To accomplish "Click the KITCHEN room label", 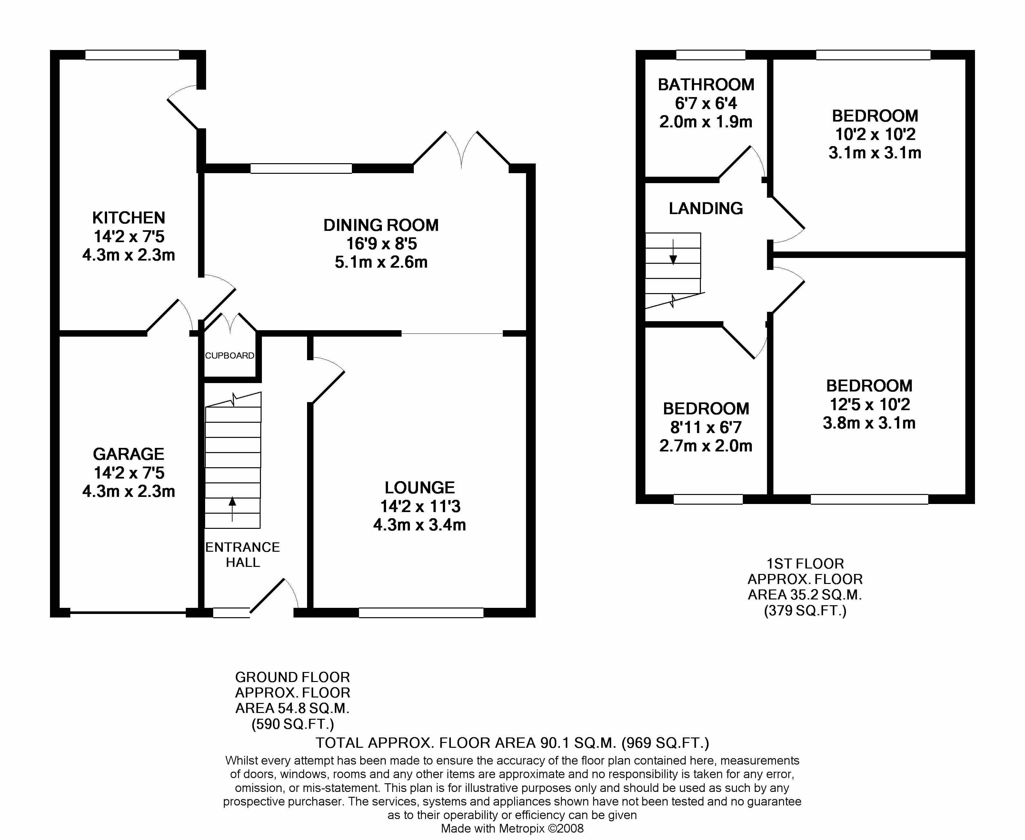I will (129, 218).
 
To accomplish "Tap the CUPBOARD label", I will (229, 356).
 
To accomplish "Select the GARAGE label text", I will (129, 454).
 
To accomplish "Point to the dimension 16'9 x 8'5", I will (381, 244).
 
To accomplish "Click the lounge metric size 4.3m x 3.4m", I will (420, 525).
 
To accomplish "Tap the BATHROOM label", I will (706, 85).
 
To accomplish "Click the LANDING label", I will (706, 209).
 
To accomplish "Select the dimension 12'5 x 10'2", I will (870, 404).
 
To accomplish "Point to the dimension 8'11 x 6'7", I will (706, 427).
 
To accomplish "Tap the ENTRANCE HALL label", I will (243, 555).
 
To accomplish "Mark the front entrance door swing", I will (274, 595).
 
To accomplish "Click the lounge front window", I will (421, 613).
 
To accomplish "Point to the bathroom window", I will (711, 55).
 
